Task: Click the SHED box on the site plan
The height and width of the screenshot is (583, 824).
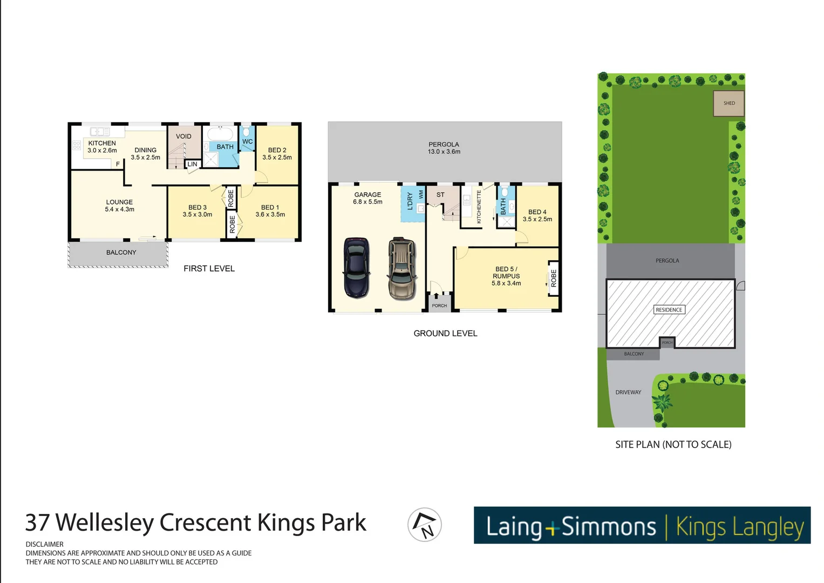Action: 728,103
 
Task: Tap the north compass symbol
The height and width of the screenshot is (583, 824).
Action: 425,525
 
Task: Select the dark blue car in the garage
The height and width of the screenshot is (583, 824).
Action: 356,268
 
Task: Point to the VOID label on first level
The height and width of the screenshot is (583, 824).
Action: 183,137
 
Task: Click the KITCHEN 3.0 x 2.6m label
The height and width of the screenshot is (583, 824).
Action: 102,147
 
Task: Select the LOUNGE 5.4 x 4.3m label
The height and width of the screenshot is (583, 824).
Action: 119,206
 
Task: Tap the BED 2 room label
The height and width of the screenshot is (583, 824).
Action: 277,154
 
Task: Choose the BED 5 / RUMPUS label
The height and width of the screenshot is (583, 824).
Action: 506,276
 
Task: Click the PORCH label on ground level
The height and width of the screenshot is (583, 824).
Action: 439,306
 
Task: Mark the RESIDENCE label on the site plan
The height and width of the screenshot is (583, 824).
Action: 669,310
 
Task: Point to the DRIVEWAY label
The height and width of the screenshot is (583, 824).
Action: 628,392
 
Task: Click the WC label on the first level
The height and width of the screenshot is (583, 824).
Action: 247,142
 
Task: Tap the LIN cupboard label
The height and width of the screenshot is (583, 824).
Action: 192,164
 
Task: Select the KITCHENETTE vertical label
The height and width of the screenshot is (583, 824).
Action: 479,207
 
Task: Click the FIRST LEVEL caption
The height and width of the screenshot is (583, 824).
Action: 209,269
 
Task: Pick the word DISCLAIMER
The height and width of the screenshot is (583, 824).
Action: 45,544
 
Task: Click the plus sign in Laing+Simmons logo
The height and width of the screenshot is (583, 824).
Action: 551,528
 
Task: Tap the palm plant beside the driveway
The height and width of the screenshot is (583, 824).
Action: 662,403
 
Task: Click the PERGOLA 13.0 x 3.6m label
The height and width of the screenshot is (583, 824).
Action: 444,148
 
